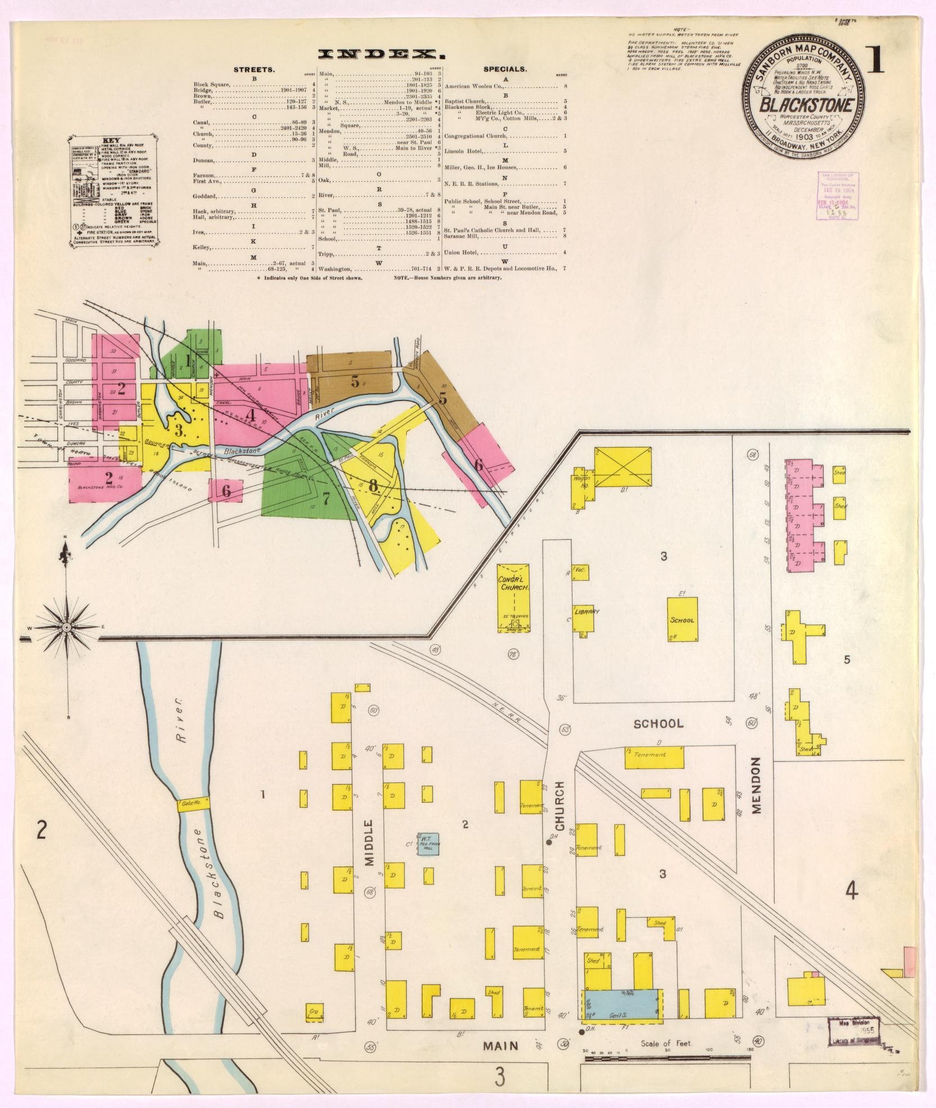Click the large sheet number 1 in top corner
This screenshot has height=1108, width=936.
874,61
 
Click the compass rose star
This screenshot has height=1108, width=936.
66,627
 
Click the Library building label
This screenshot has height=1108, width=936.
586,612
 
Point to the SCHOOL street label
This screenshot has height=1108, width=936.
658,723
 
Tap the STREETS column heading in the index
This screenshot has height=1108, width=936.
254,70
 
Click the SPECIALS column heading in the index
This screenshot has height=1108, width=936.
505,70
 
